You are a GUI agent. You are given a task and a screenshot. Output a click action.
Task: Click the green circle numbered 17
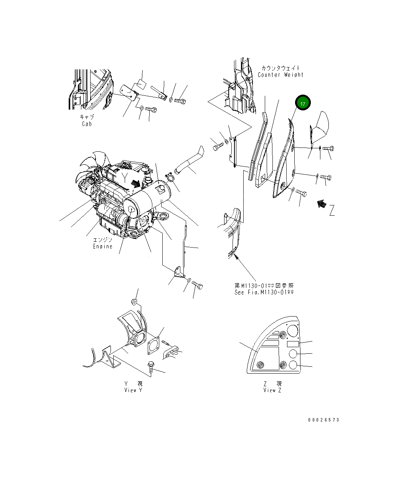pos(302,103)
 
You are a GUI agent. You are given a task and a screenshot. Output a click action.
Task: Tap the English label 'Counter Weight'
pos(280,75)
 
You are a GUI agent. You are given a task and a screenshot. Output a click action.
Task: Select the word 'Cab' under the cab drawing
pos(87,124)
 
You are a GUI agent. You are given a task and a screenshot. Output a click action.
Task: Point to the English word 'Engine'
pos(103,246)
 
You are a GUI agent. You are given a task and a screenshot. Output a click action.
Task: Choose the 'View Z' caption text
pos(272,390)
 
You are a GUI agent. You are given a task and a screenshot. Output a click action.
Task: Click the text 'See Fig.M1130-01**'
pos(264,292)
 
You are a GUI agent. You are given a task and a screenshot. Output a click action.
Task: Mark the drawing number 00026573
pos(323,420)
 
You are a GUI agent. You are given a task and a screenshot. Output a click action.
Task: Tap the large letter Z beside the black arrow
pos(332,210)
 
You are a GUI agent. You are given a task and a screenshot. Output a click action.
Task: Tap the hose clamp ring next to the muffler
pos(170,177)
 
